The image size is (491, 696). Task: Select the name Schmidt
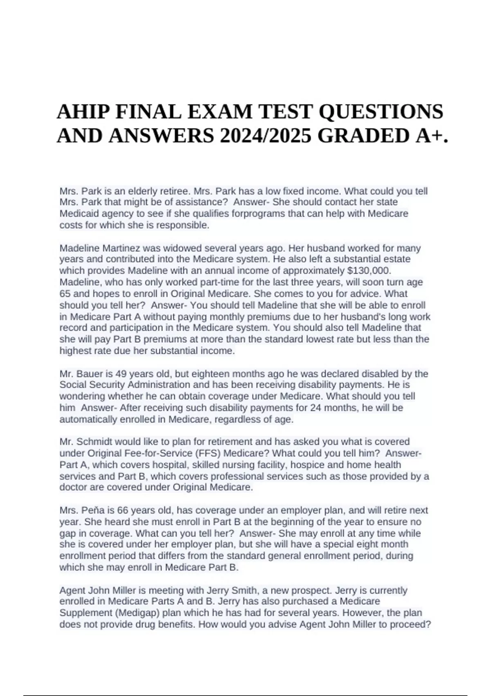click(93, 442)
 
